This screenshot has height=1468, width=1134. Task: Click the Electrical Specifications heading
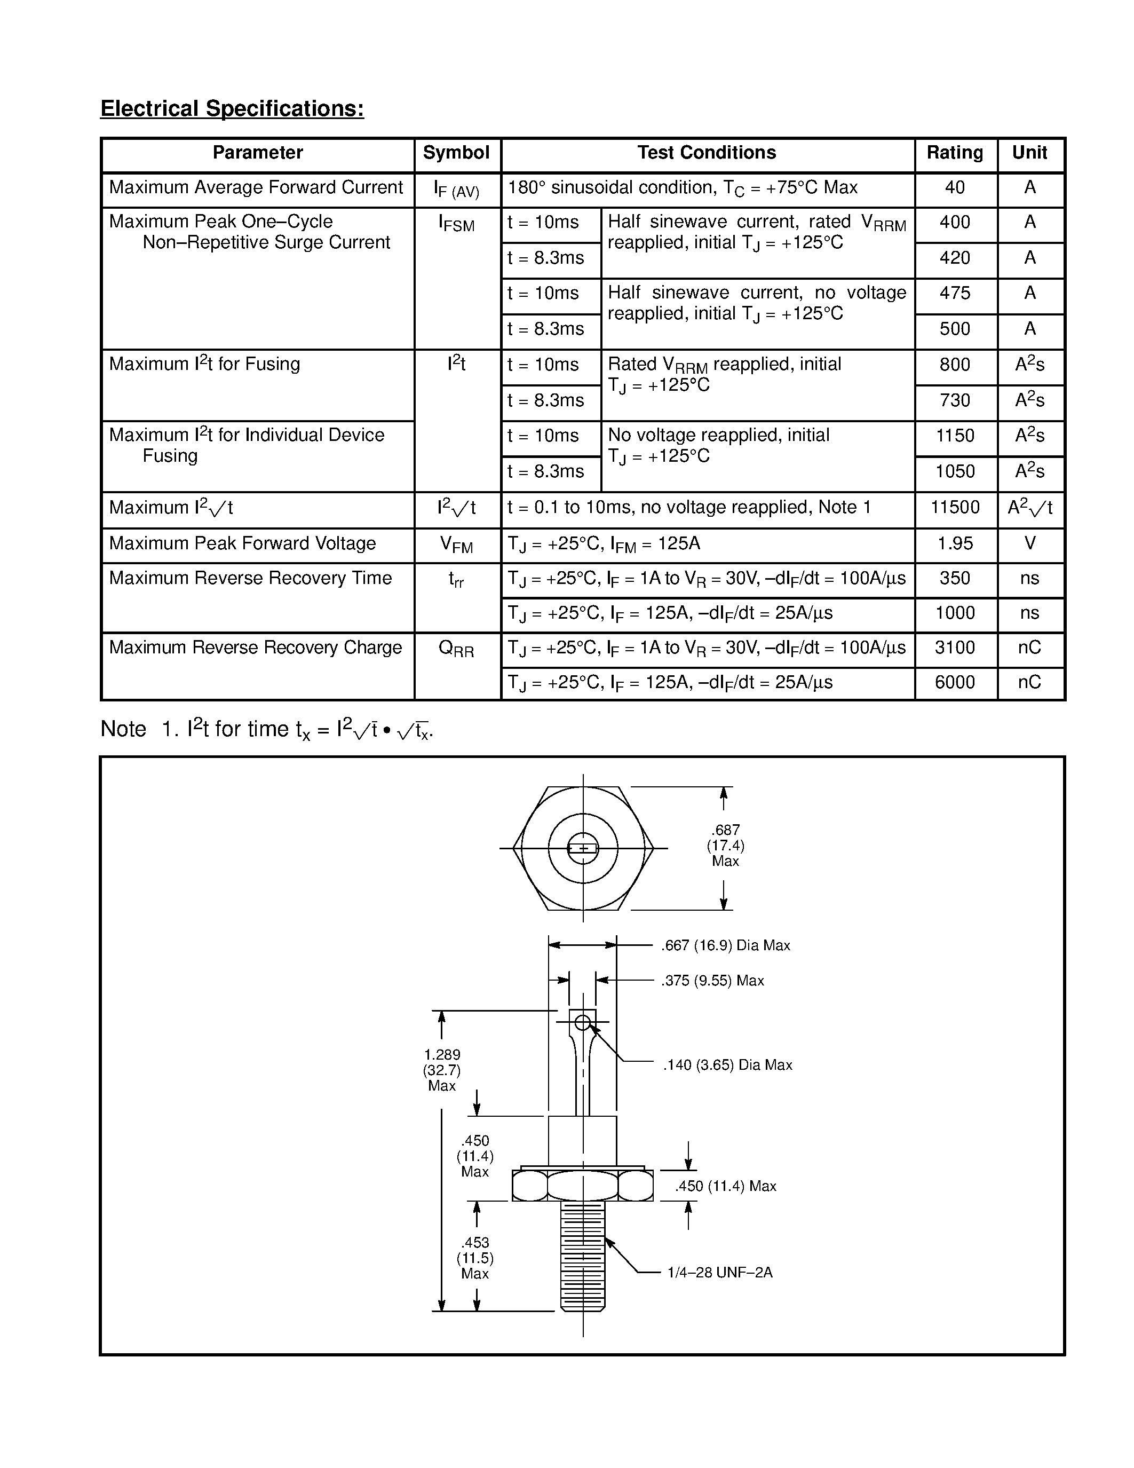coord(232,108)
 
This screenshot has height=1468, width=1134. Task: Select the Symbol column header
coord(456,153)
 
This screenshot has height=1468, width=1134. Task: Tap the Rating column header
coord(955,153)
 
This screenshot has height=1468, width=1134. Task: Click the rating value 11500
coord(955,508)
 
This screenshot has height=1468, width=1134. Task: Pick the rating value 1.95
coord(955,543)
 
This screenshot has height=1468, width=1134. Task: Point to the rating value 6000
coord(955,682)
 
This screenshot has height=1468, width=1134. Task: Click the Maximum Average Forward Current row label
coord(256,187)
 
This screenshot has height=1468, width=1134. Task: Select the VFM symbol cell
coord(456,544)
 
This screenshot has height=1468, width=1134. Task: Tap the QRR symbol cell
coord(456,649)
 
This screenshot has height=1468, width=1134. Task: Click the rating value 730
coord(955,400)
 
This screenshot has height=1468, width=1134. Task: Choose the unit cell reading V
coord(1029,543)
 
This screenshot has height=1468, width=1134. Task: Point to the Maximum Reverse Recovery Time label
coord(250,578)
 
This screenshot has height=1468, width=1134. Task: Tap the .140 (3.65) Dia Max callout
coord(727,1066)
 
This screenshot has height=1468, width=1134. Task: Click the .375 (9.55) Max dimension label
coord(712,981)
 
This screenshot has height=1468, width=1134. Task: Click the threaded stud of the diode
coord(582,1255)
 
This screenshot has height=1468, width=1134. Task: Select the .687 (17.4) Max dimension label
coord(726,846)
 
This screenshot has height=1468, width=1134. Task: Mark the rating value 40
coord(955,187)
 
